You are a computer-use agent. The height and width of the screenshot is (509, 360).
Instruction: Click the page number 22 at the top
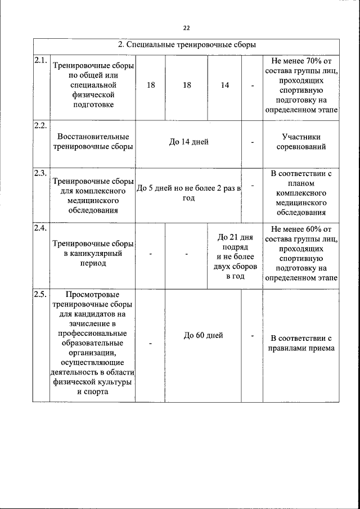pyautogui.click(x=186, y=28)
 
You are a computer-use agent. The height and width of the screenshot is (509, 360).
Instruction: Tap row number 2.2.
pyautogui.click(x=40, y=125)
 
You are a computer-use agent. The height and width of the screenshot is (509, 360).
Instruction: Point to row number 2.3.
pyautogui.click(x=40, y=173)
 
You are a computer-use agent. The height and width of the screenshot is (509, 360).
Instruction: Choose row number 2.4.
pyautogui.click(x=40, y=228)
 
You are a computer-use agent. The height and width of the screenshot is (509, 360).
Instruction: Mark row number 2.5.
pyautogui.click(x=40, y=294)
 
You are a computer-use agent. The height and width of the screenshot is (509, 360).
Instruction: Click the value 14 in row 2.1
pyautogui.click(x=225, y=85)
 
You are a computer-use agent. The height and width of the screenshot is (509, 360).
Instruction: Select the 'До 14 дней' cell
pyautogui.click(x=189, y=142)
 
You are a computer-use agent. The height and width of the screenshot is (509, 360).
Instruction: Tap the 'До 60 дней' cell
pyautogui.click(x=204, y=335)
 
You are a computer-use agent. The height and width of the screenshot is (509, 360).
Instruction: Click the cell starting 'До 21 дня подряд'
pyautogui.click(x=236, y=256)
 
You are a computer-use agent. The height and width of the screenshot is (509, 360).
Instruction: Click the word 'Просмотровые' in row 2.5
pyautogui.click(x=92, y=294)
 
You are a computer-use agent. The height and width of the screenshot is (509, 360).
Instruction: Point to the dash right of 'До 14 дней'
pyautogui.click(x=253, y=142)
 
